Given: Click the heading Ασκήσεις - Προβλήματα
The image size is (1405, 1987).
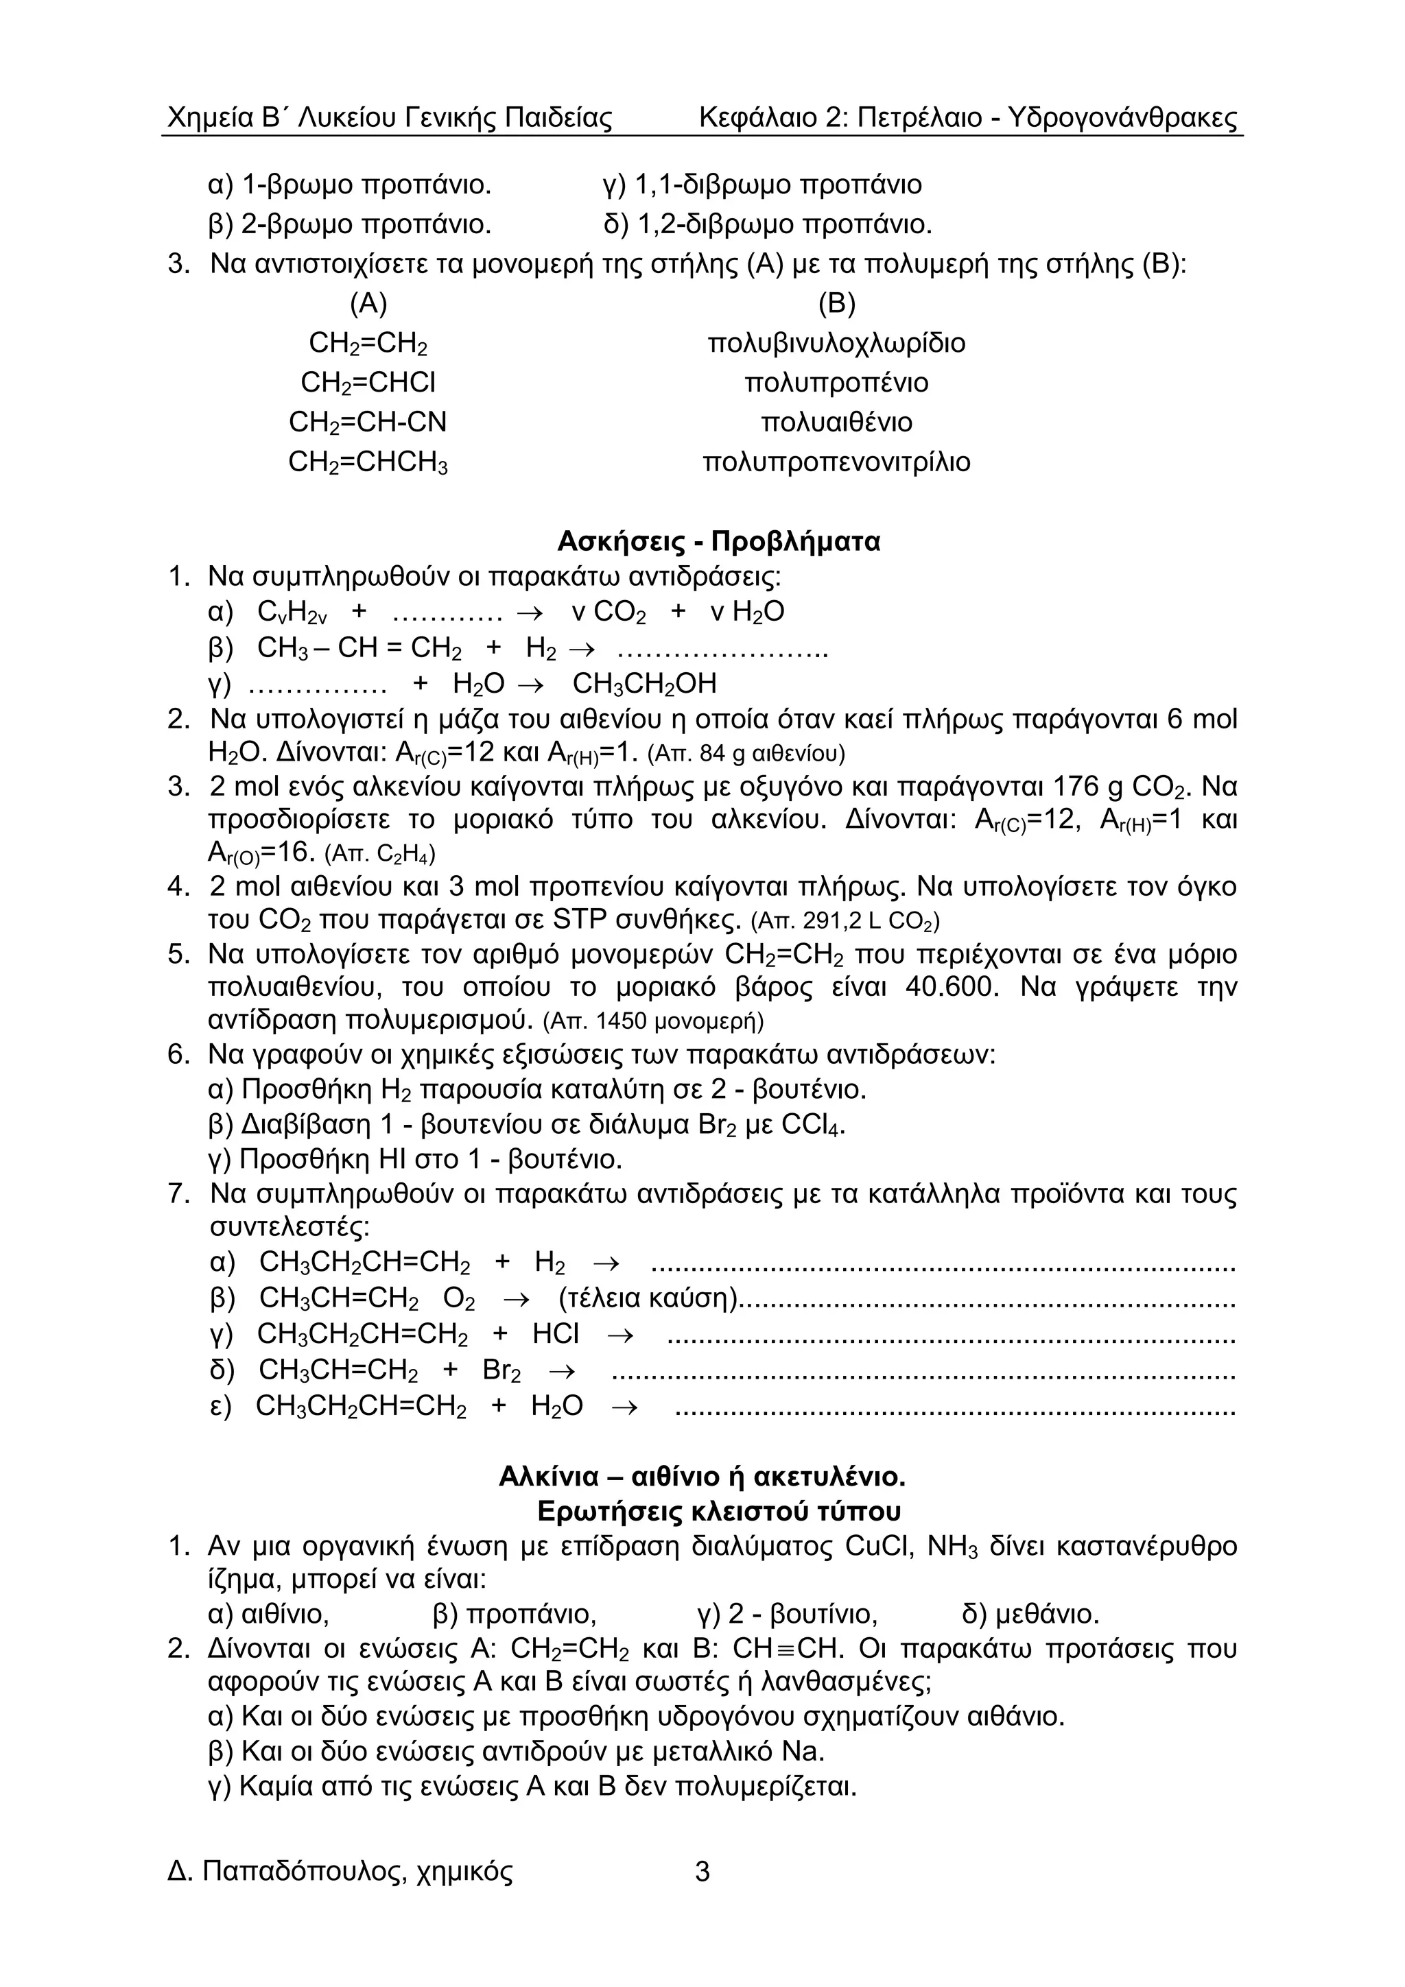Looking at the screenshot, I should (718, 542).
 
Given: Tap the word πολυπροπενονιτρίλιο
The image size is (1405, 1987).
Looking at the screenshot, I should (836, 462).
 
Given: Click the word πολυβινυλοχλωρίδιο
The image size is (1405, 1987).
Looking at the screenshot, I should (836, 344).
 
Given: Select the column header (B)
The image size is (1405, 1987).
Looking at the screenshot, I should (836, 304).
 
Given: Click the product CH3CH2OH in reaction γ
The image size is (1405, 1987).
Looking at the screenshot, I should (645, 685).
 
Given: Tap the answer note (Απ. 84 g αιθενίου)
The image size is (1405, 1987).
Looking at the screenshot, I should (746, 754).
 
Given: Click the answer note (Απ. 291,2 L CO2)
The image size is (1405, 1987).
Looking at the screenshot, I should (845, 920).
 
